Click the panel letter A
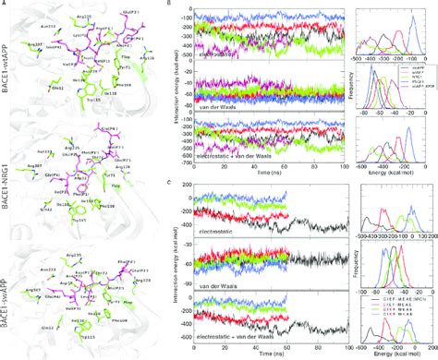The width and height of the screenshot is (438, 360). point(5,5)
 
